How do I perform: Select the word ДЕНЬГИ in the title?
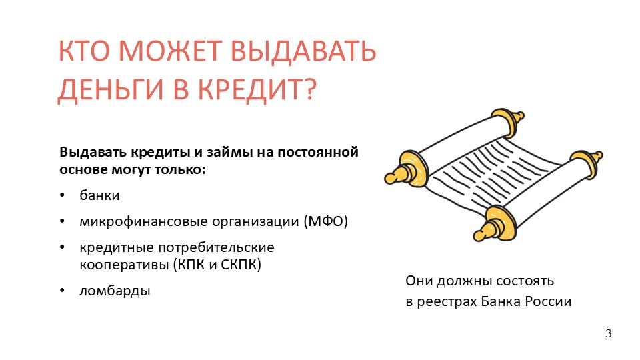point(111,89)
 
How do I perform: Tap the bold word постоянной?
point(318,152)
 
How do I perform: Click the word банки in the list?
point(99,195)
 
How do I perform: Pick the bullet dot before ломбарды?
point(62,290)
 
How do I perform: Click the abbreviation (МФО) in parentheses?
point(325,221)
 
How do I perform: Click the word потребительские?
point(216,247)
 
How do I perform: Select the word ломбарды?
point(115,291)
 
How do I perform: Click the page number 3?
point(608,333)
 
